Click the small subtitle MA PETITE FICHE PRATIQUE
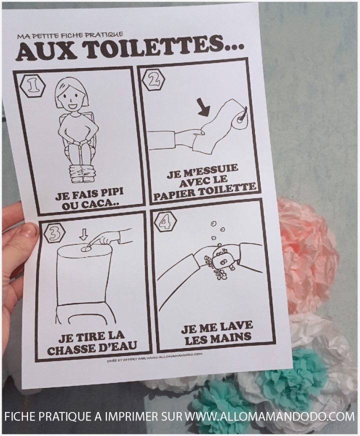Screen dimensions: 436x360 click(69, 36)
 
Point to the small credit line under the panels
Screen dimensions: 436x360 click(155, 357)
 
